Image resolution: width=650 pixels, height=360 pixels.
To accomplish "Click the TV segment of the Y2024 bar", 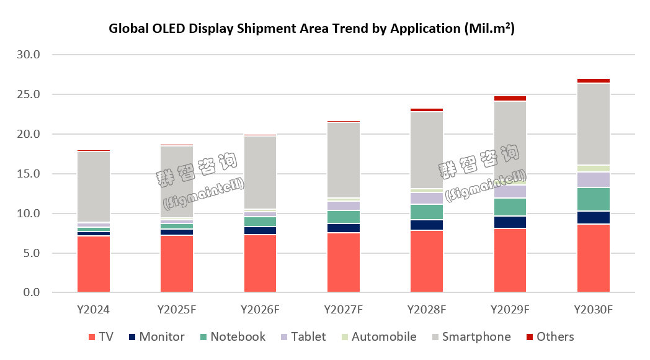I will coord(94,264).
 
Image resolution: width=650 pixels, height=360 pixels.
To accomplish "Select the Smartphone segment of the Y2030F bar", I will coord(594,124).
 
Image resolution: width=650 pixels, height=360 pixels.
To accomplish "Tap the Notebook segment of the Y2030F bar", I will coord(594,199).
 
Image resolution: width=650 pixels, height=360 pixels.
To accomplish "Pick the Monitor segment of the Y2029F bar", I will coord(510,222).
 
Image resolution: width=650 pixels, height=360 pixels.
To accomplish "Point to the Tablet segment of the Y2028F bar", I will coord(427,198).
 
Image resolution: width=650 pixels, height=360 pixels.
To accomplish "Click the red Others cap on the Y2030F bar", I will coord(594,81).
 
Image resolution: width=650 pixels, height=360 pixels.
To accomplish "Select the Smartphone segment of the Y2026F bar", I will coord(260,173).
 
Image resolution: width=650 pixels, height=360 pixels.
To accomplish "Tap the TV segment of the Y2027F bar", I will coord(344,263).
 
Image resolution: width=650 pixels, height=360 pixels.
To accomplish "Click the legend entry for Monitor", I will coord(155,337).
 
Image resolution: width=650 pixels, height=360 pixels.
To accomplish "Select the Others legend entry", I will coord(548,337).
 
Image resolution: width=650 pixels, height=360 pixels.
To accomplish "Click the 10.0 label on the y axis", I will coord(28,214).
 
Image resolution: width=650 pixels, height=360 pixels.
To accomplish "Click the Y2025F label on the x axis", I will coord(177,308).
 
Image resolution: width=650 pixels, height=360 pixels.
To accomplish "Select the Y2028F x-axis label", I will coord(427,308).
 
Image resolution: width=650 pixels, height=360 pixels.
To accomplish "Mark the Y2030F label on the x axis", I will coord(594,308).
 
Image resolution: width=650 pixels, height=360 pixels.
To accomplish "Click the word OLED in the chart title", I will coord(164,29).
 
